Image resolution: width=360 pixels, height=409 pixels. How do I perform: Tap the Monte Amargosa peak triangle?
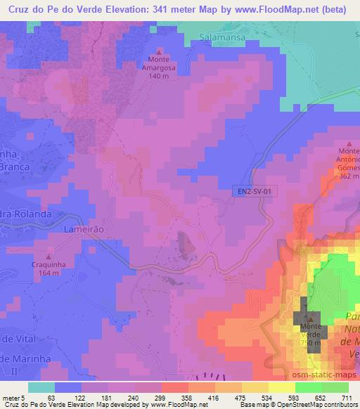click(x=159, y=52)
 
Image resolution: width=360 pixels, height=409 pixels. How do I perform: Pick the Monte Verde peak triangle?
click(x=313, y=318)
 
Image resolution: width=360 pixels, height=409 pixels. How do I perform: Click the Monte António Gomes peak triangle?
click(x=347, y=143)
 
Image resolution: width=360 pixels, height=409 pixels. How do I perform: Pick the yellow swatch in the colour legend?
click(x=281, y=387)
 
